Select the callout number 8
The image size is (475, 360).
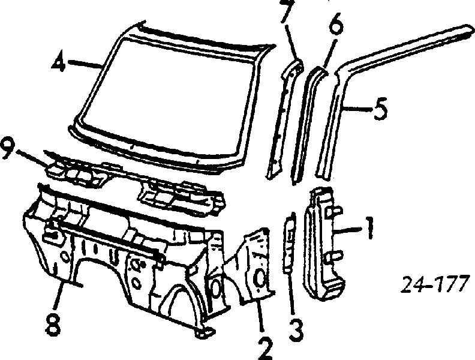pos(54,324)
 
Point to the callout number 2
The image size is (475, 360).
pos(265,348)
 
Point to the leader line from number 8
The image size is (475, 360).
pos(58,293)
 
